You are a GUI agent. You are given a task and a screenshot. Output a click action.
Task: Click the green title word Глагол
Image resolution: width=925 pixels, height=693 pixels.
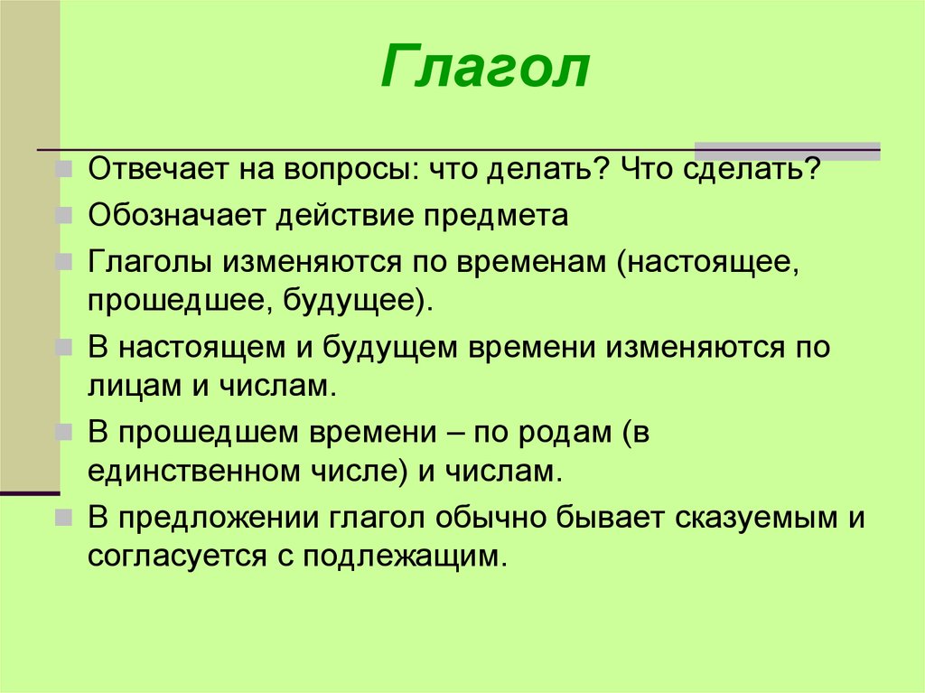pyautogui.click(x=485, y=66)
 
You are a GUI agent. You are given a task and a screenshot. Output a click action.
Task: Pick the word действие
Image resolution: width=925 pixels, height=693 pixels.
pyautogui.click(x=343, y=216)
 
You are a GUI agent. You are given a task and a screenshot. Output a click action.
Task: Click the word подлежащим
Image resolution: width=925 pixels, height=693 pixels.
pyautogui.click(x=406, y=556)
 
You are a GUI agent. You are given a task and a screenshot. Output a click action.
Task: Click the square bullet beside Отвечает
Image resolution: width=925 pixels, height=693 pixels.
pyautogui.click(x=64, y=170)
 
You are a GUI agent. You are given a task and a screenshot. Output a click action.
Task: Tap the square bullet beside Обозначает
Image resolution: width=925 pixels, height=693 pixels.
pyautogui.click(x=64, y=215)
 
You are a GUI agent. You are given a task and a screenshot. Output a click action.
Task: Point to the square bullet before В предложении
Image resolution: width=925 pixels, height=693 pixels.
pyautogui.click(x=64, y=518)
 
